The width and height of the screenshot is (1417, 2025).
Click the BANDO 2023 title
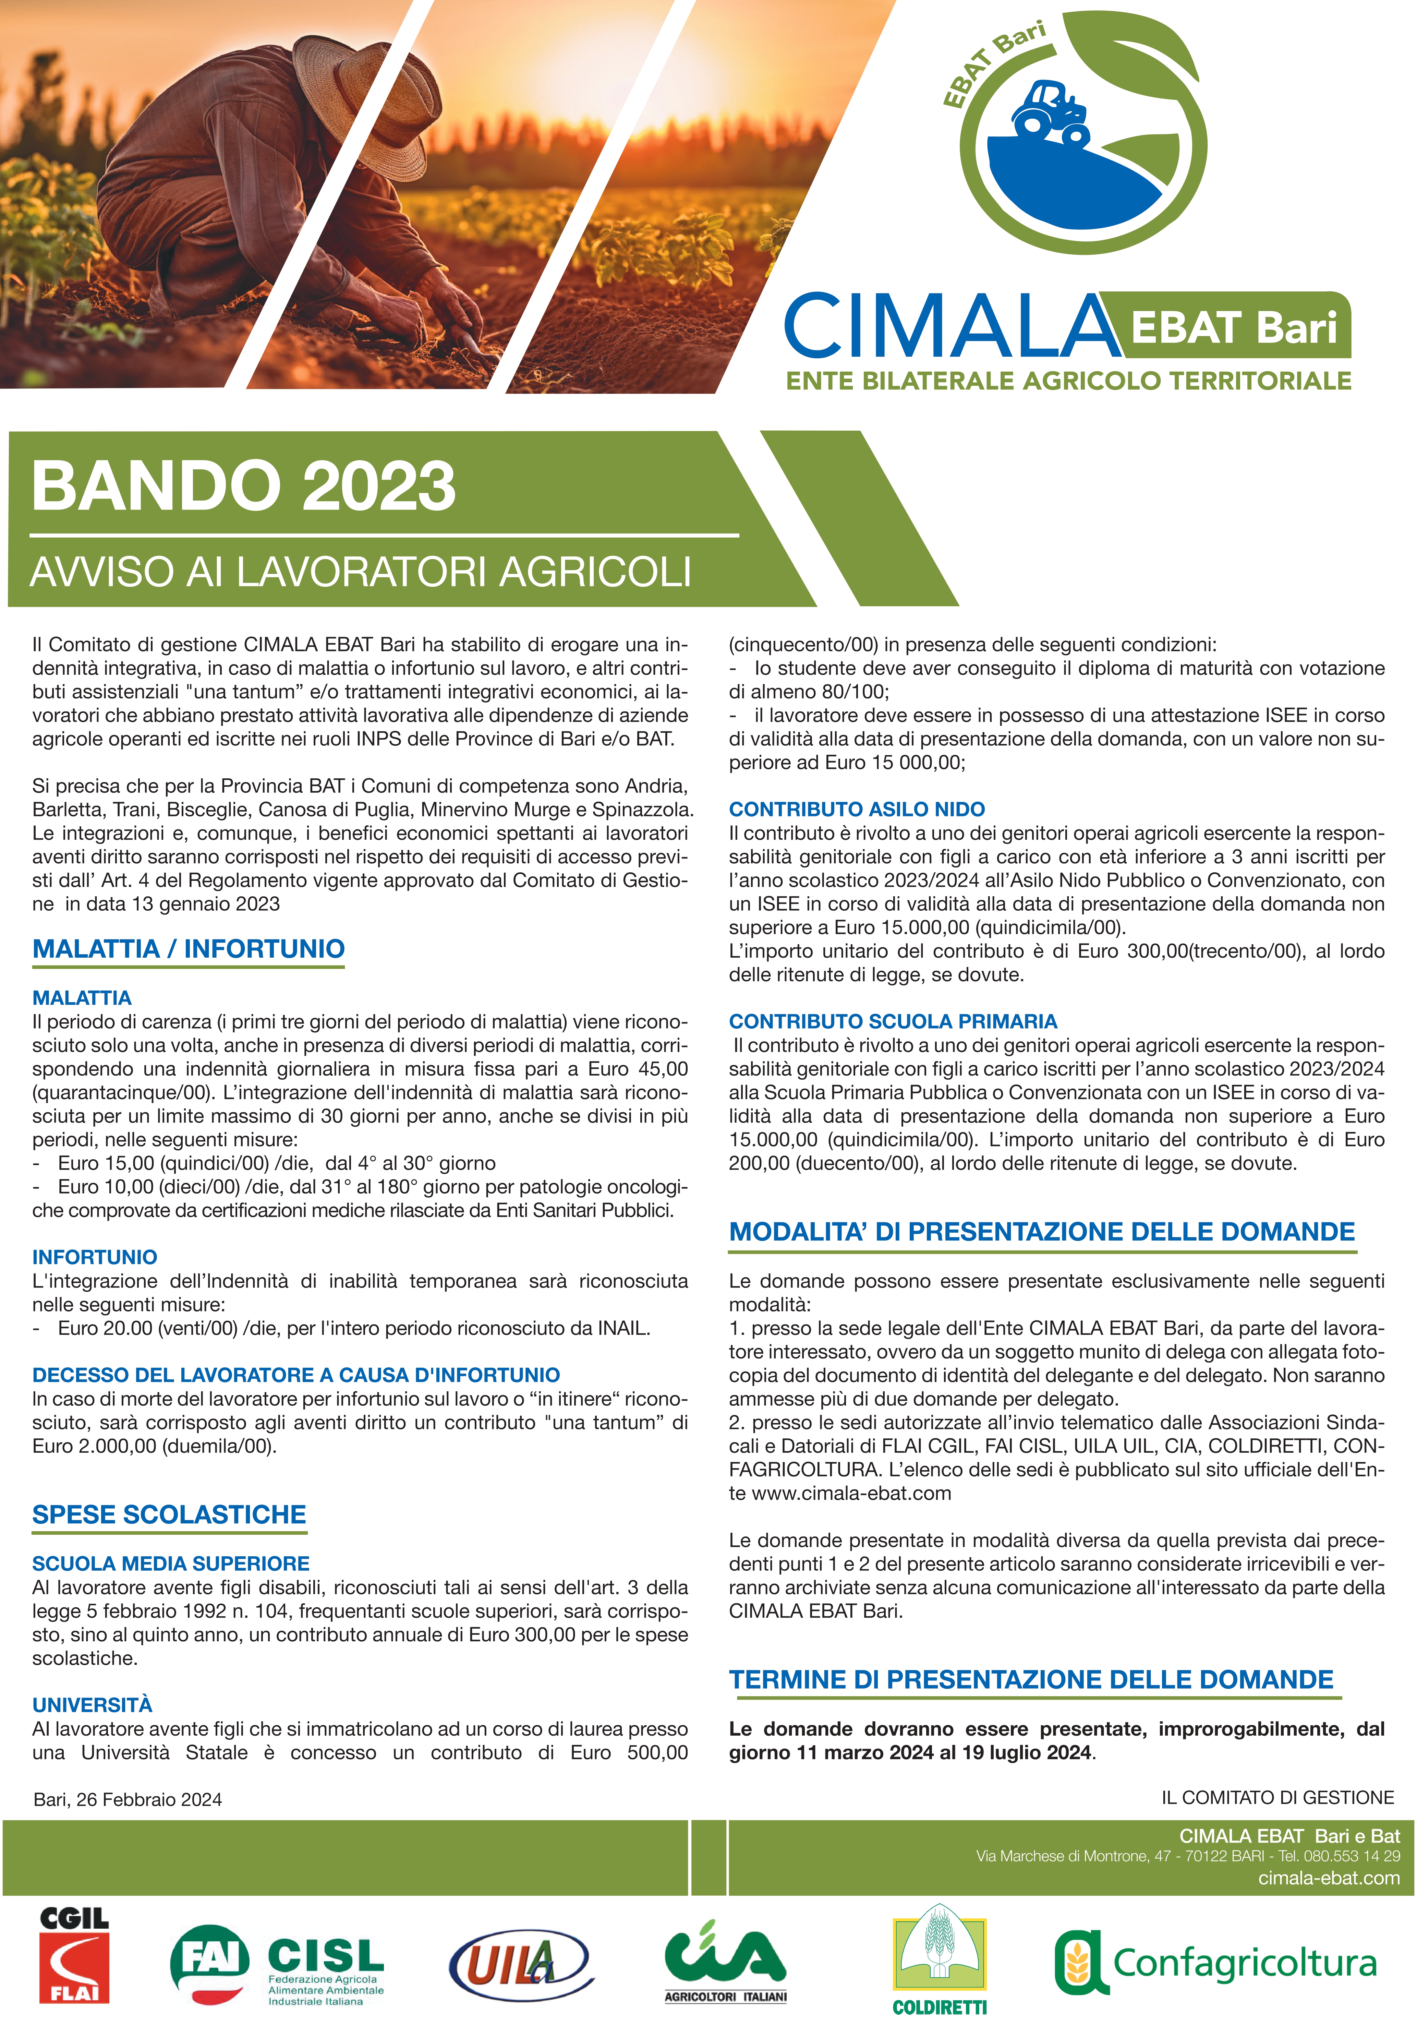(243, 486)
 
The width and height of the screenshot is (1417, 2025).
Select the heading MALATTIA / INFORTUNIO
(188, 949)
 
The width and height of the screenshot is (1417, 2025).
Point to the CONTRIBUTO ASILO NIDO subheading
(856, 809)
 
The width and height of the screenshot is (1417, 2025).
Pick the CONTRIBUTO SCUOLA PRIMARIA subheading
(892, 1021)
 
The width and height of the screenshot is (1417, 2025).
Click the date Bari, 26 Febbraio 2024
(128, 1799)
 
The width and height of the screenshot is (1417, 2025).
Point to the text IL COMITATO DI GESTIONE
(1278, 1797)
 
